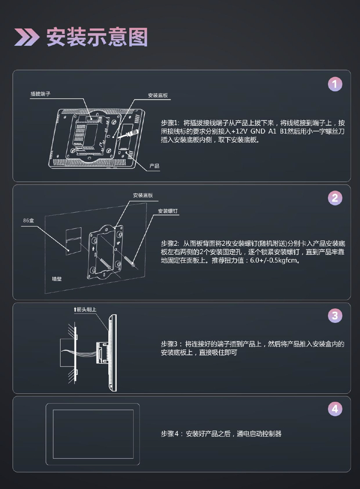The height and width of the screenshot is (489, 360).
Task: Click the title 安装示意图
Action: coord(97,37)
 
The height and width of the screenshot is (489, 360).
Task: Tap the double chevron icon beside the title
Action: coord(27,37)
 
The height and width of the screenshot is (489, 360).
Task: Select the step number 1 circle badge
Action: coord(335,84)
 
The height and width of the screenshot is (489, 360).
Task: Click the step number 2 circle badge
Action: coord(335,198)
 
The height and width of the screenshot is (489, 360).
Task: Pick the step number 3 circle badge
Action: coord(335,315)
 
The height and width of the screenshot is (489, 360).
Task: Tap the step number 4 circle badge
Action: coord(335,409)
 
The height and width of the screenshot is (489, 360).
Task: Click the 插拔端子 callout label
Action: coord(40,94)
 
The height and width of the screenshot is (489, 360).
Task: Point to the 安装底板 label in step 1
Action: coord(158,95)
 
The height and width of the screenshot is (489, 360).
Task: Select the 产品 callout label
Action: coord(154,166)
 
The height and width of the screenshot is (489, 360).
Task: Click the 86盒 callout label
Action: coord(28,221)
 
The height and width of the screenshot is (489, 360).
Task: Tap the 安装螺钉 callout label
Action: coord(168,211)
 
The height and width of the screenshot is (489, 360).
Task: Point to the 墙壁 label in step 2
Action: coord(57,279)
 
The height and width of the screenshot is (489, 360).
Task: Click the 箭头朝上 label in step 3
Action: coord(85,309)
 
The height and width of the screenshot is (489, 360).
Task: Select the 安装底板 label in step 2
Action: coord(143,195)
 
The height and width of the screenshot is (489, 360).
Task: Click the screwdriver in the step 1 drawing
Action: coord(128,134)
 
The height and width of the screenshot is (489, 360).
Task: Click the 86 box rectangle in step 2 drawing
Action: coord(74,241)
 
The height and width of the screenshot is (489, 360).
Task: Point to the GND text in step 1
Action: coord(258,131)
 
